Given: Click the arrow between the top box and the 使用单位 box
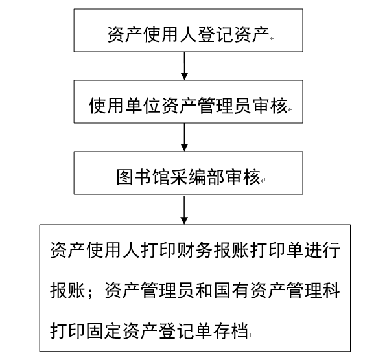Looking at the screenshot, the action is pos(184,66).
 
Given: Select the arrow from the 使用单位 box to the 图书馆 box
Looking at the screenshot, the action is pos(184,137).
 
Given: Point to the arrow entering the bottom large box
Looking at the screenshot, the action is pos(184,210).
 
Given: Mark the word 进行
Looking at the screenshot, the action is pos(322,250).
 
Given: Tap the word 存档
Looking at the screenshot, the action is pos(231,331).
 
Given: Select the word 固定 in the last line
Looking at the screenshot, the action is pos(104,331).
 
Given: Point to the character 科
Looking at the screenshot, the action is pos(331,290).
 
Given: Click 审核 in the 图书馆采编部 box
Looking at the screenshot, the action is pos(243,177).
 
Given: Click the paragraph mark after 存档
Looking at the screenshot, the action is pos(251,335).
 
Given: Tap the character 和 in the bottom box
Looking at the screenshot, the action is pos(204,290).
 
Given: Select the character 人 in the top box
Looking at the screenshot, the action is pos(189,34).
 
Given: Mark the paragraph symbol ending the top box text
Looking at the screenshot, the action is pos(272,38).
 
